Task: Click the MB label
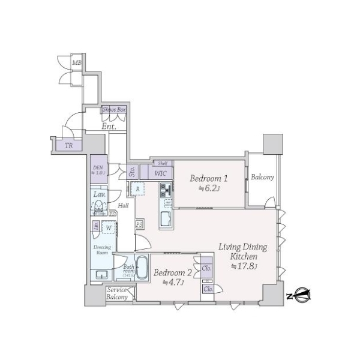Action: point(76,63)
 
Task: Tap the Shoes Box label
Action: point(114,110)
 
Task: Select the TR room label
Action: point(69,145)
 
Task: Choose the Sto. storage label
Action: point(132,173)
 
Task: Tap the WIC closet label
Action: point(160,173)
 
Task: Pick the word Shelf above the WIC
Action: point(162,163)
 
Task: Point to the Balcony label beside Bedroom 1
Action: point(262,177)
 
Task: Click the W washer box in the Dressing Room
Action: point(109,227)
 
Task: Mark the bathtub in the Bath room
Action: point(142,267)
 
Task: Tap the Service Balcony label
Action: point(116,293)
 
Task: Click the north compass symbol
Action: point(301,295)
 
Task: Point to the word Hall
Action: point(124,206)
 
